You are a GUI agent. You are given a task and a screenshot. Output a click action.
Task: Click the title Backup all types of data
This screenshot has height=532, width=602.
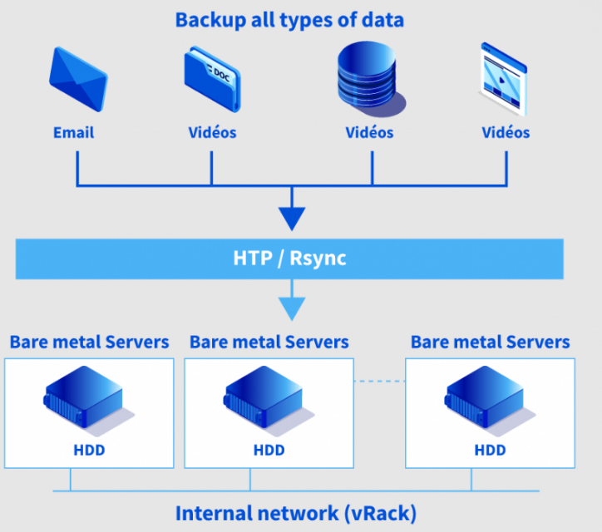pyautogui.click(x=289, y=19)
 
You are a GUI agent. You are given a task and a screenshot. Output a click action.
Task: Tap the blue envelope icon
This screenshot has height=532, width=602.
pyautogui.click(x=78, y=81)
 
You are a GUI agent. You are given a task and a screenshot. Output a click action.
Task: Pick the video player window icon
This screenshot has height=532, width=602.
pyautogui.click(x=505, y=79)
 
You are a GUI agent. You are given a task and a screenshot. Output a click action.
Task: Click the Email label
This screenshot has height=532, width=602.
pyautogui.click(x=74, y=132)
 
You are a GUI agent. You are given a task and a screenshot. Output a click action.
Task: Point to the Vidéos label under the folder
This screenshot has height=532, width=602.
pyautogui.click(x=211, y=132)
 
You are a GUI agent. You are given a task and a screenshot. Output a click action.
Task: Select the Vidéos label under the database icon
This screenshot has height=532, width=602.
pyautogui.click(x=369, y=132)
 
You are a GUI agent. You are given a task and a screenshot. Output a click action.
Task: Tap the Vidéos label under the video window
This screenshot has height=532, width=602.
pyautogui.click(x=506, y=132)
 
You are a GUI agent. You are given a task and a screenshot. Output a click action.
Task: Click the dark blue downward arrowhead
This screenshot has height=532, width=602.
pyautogui.click(x=292, y=218)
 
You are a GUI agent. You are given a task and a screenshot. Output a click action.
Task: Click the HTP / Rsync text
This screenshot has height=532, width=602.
pyautogui.click(x=289, y=259)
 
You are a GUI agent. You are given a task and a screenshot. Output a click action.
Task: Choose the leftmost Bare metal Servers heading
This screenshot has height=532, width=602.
pyautogui.click(x=89, y=342)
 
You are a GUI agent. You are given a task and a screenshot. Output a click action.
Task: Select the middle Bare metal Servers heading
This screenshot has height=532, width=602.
pyautogui.click(x=269, y=342)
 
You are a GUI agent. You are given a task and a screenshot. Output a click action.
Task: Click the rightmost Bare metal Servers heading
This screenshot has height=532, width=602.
pyautogui.click(x=491, y=342)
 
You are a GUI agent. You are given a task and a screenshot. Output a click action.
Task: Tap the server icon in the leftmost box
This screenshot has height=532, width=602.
pyautogui.click(x=84, y=399)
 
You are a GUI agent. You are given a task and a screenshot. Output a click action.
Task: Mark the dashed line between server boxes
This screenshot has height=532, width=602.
pyautogui.click(x=379, y=382)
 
